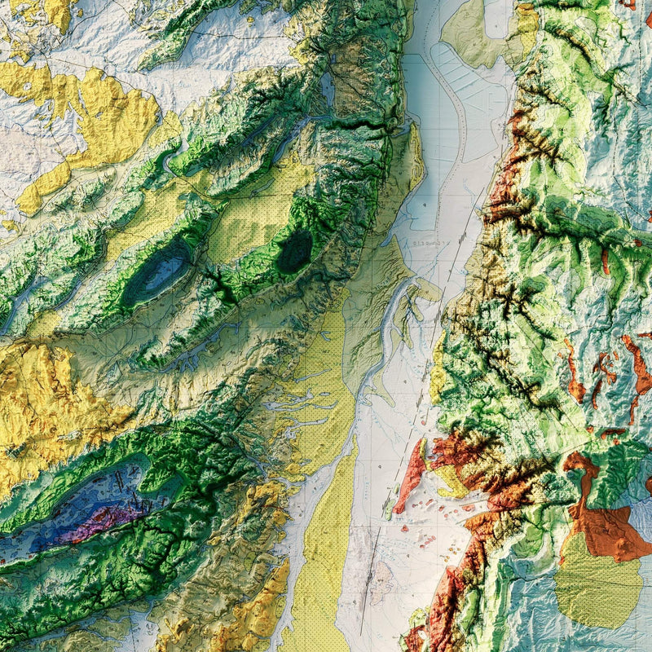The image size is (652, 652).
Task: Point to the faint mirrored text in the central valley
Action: [429, 244]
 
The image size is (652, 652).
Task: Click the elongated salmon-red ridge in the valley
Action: [412, 477]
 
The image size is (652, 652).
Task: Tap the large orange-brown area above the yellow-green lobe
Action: [603, 522]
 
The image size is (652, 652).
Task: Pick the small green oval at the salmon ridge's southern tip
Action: [401, 512]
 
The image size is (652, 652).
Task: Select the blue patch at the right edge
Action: [640, 522]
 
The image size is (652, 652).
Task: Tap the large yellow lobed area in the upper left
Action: [106, 114]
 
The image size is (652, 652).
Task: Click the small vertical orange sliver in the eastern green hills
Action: [605, 261]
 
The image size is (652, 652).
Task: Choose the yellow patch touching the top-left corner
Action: [41, 12]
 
